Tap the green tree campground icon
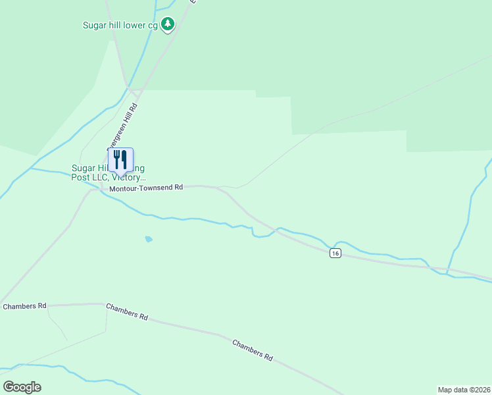[168, 25]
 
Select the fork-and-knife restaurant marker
[120, 159]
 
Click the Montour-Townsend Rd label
[146, 188]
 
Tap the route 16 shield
[335, 253]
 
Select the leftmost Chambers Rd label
[24, 306]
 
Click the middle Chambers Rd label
[127, 312]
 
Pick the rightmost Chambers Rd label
[253, 350]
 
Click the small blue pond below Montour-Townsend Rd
[149, 239]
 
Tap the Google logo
[22, 387]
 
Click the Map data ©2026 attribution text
[464, 389]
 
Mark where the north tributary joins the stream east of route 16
[447, 273]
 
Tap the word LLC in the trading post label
[100, 178]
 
